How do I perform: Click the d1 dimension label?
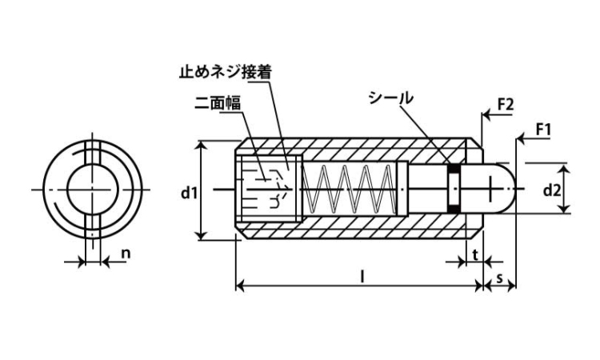[186, 191]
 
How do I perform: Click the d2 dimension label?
[551, 190]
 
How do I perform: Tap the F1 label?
[543, 128]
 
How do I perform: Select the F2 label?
[504, 105]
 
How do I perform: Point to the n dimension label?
[125, 254]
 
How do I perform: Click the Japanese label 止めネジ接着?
[225, 71]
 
